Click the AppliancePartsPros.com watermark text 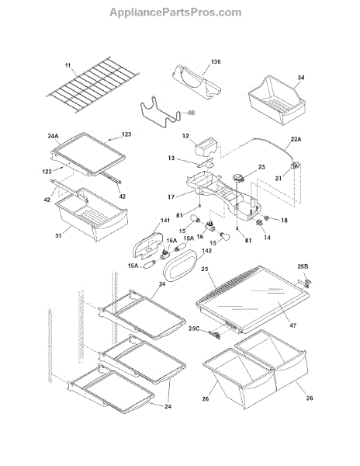click(x=175, y=12)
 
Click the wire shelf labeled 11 click(x=93, y=85)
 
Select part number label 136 click(x=216, y=62)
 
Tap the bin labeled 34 click(x=277, y=100)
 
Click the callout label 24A click(x=53, y=136)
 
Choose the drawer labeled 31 click(x=92, y=214)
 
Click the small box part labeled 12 click(x=206, y=147)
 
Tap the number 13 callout click(x=171, y=158)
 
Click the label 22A click(x=296, y=139)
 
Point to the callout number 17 click(x=171, y=196)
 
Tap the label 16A click(x=171, y=240)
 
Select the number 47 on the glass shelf click(x=293, y=325)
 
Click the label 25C click(x=194, y=329)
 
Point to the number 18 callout click(x=284, y=221)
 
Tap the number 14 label click(x=267, y=238)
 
